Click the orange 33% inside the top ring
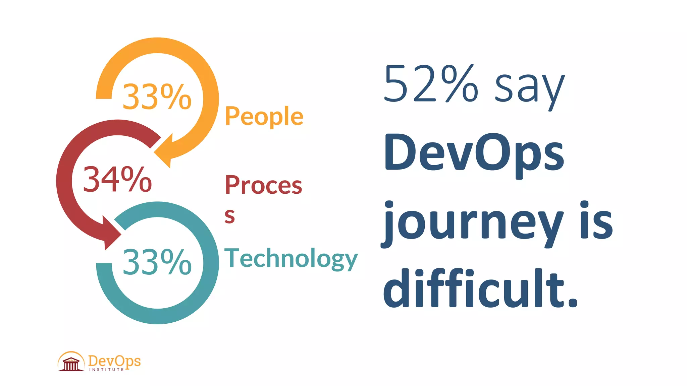(157, 97)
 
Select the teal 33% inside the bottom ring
(157, 262)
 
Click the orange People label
(264, 116)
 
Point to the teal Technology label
(291, 258)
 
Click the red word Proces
(263, 185)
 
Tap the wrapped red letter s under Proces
(230, 216)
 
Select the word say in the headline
(530, 88)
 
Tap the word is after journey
(596, 221)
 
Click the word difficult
(473, 289)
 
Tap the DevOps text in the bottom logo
(114, 361)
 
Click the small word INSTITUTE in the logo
(106, 370)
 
